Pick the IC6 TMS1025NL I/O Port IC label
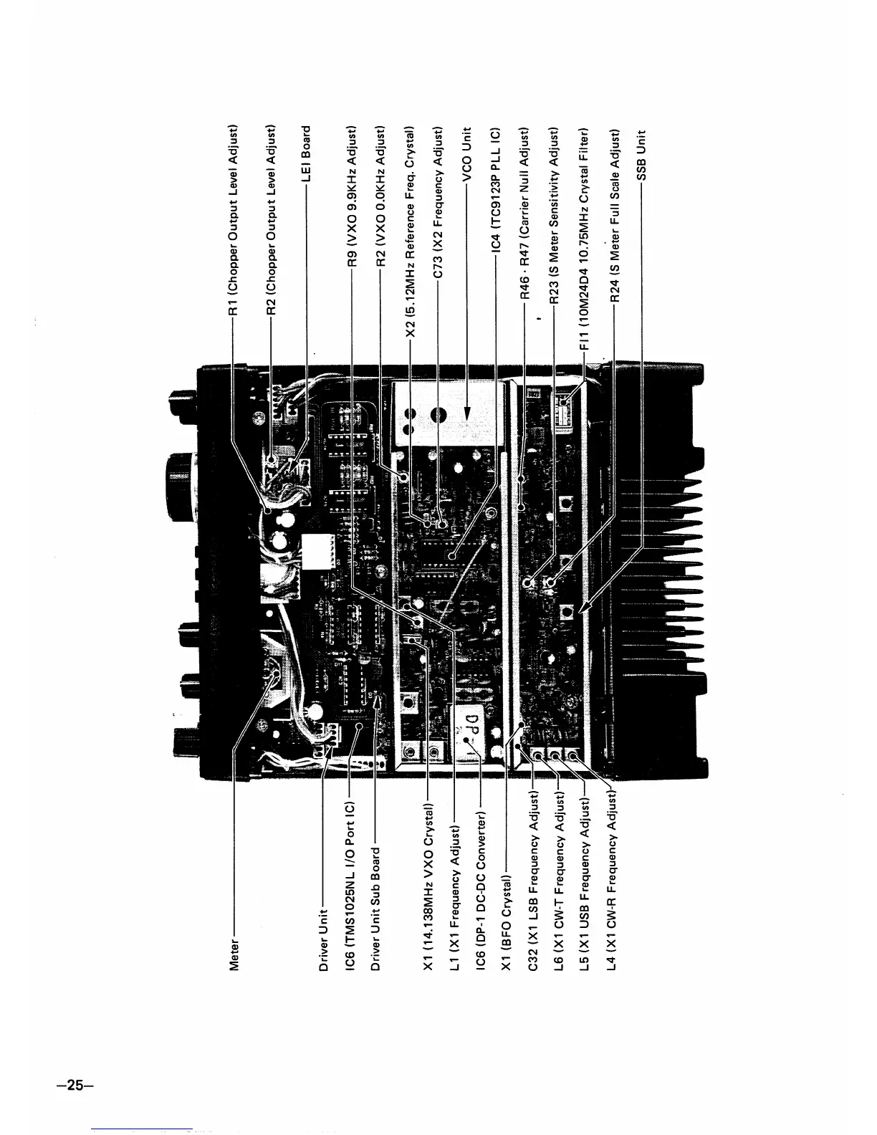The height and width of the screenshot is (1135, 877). (x=350, y=889)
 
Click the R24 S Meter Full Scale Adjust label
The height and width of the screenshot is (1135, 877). (x=615, y=214)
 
